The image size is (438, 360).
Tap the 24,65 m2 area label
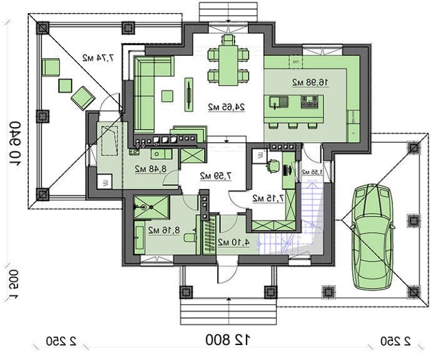click(226, 107)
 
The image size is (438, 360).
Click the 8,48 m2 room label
click(150, 168)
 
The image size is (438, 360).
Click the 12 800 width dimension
click(229, 340)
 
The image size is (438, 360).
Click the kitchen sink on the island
click(277, 101)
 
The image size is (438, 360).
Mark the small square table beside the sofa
click(166, 96)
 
